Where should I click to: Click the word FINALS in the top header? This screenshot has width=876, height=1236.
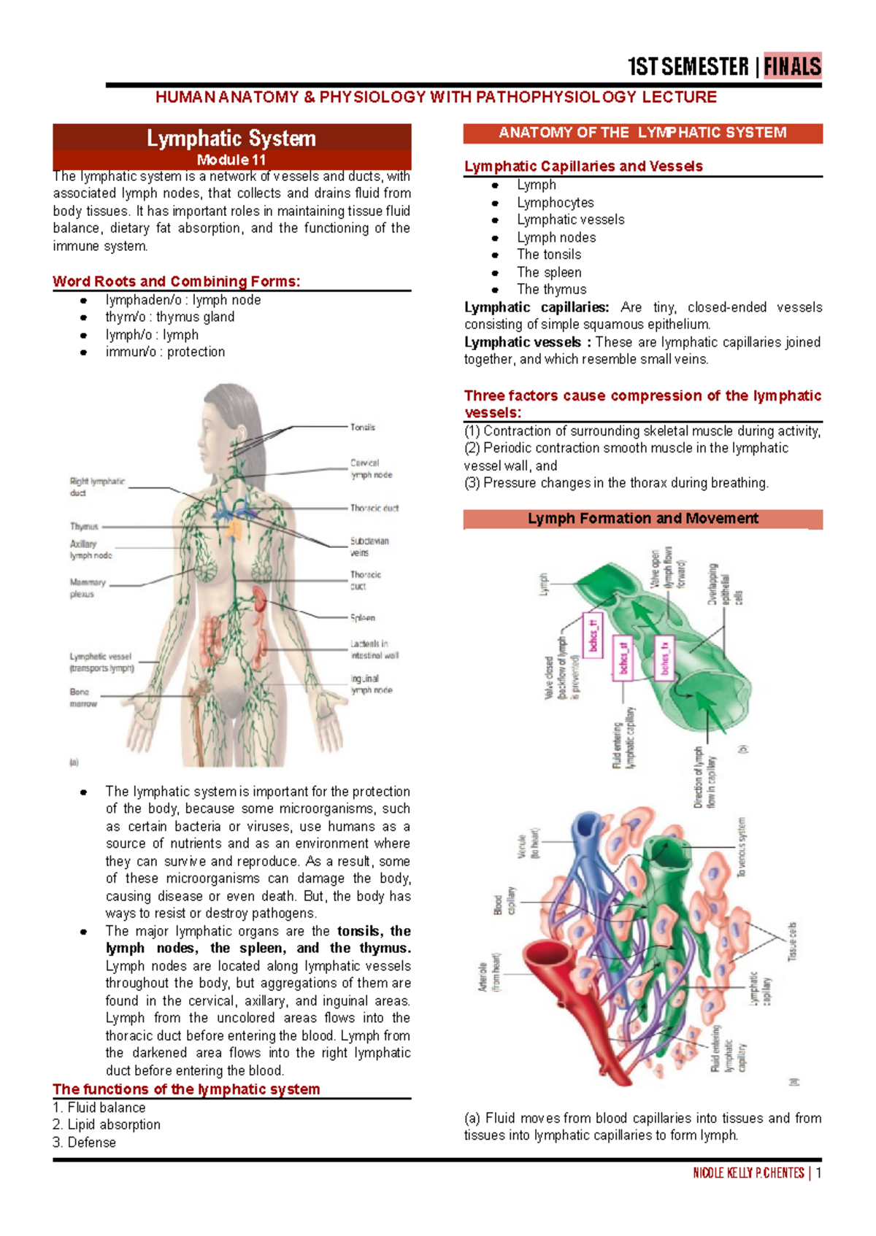coord(792,66)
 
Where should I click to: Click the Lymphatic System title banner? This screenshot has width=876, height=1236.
coord(231,138)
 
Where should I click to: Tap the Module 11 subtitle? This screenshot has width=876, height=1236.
coord(231,160)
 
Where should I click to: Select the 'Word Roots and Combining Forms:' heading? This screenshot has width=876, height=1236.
coord(176,282)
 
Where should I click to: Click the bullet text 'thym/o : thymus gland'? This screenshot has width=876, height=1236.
coord(170,317)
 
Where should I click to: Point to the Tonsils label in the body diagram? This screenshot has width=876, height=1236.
coord(363,427)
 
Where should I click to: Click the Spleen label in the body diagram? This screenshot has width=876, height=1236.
coord(363,618)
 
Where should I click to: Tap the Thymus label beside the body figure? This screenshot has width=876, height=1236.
coord(84,526)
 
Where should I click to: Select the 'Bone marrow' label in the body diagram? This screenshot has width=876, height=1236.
coord(82,698)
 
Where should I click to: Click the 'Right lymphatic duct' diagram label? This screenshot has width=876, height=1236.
coord(96,487)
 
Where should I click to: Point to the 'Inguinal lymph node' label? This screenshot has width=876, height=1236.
coord(371,684)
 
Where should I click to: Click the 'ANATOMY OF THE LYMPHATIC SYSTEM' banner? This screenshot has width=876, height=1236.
coord(642,133)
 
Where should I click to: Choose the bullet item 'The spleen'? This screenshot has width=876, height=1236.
coord(549,272)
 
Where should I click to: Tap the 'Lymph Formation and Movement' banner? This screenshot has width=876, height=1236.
coord(642,519)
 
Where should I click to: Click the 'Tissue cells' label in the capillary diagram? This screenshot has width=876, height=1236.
coord(792,941)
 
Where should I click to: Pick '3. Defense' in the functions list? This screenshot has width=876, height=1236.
coord(85,1143)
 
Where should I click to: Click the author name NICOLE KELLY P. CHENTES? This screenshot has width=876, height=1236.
coord(748,1173)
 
